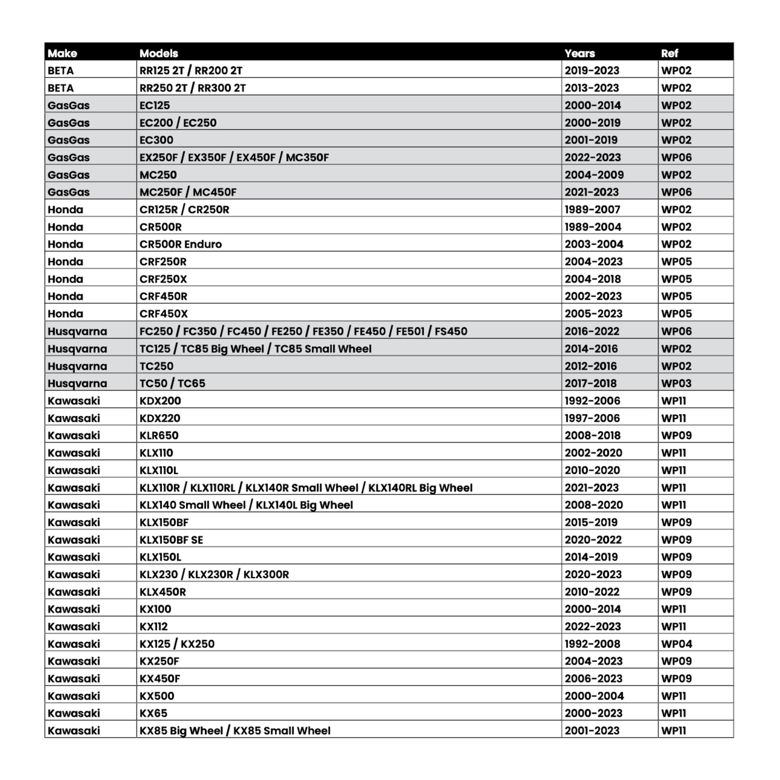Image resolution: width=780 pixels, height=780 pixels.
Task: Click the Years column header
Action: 580,53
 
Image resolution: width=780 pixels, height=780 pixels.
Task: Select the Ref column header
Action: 669,53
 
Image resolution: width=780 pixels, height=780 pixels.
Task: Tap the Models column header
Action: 159,53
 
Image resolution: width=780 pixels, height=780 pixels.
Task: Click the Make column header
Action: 62,53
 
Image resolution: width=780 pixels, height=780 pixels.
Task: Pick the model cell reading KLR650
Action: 159,435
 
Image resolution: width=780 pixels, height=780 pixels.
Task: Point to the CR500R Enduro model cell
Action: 180,244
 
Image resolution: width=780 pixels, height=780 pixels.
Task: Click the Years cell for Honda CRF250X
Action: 593,279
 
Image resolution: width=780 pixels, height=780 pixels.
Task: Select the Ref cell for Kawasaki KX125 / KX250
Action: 677,643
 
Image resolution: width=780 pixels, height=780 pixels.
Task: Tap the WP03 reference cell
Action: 676,383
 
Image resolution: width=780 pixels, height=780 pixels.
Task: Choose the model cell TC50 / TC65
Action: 172,383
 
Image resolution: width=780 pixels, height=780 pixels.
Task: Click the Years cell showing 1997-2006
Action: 592,418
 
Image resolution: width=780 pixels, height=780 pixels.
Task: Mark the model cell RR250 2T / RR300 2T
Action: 193,88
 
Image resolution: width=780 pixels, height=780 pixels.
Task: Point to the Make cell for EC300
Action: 69,140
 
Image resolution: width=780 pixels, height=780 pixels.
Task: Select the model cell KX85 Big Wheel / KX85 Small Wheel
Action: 235,730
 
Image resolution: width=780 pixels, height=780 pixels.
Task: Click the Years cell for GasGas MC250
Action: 594,175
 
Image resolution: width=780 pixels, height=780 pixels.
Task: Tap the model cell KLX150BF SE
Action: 171,540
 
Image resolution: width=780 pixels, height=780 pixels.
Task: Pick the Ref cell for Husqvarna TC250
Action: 676,366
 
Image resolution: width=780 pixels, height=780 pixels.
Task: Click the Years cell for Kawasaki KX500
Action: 594,696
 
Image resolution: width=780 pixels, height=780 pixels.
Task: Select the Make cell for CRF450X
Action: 65,313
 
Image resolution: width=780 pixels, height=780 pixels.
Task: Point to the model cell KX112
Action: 154,626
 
